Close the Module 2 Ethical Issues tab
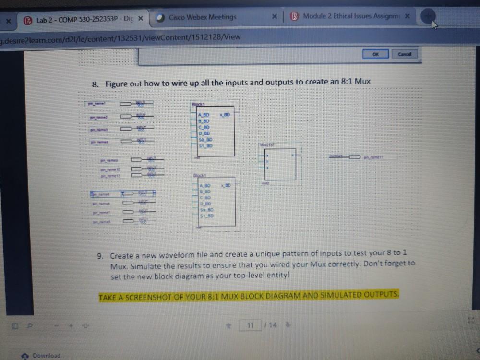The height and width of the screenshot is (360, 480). click(x=407, y=16)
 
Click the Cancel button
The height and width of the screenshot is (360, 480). click(x=404, y=54)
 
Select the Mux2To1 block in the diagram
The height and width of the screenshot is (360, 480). click(x=280, y=163)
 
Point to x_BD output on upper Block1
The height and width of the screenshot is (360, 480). click(x=225, y=115)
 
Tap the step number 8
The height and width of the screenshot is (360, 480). click(x=95, y=84)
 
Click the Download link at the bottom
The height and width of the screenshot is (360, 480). click(x=46, y=355)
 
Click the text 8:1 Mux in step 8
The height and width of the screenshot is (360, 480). click(x=355, y=81)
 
